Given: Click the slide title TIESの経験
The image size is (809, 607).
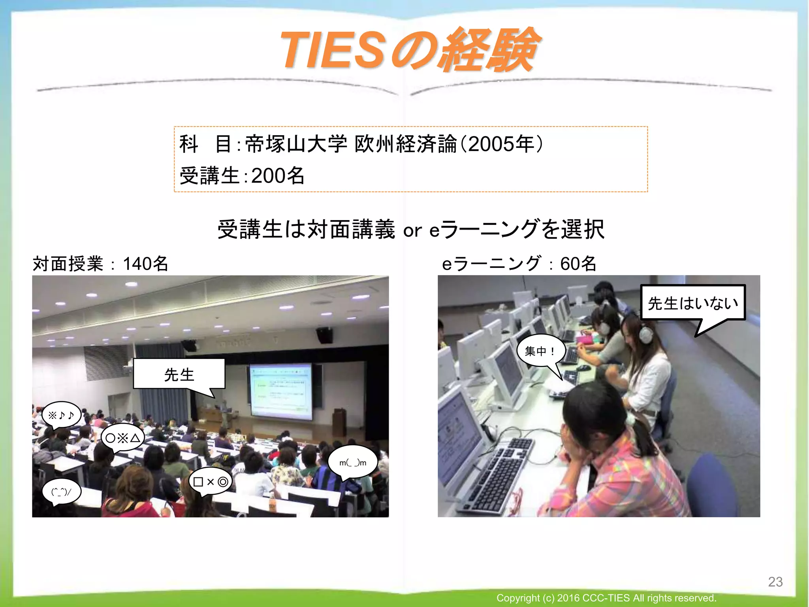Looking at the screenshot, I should click(x=409, y=51).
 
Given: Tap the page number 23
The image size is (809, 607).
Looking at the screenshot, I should click(x=775, y=582).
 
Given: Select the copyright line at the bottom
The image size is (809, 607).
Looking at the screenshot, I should click(x=606, y=598).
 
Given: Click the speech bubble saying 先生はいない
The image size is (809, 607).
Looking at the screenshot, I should click(x=692, y=303).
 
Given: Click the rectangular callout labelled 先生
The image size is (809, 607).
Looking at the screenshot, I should click(x=179, y=374).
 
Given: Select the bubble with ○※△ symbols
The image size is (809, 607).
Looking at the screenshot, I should click(x=122, y=438).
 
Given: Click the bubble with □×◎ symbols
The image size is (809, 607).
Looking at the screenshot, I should click(x=211, y=482).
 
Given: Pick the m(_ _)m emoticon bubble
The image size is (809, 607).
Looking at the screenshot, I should click(x=353, y=462).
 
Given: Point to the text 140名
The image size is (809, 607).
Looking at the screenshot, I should click(x=145, y=264).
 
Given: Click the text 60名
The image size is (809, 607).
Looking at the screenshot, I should click(x=578, y=264).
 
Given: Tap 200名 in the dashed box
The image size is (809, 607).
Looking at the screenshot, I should click(x=278, y=176).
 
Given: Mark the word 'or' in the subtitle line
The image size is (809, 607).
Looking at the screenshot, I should click(x=412, y=230).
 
